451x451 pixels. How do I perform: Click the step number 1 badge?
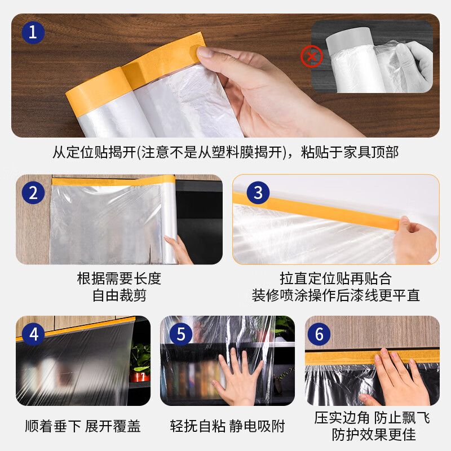(x=33, y=32)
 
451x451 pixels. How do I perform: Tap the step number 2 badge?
(x=34, y=193)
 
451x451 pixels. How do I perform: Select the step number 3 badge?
(x=258, y=193)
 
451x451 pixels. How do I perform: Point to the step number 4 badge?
(x=34, y=334)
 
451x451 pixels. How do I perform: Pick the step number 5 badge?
(x=180, y=334)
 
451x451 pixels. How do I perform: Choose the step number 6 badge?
(x=319, y=334)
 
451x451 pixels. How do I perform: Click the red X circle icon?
(x=311, y=56)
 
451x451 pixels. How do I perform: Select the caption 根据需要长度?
(x=119, y=279)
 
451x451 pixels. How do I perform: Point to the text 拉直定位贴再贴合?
(x=335, y=279)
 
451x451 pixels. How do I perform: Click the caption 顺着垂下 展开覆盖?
(x=83, y=426)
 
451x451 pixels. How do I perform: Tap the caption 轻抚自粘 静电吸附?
(x=227, y=426)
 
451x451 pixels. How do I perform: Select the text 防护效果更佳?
(x=373, y=435)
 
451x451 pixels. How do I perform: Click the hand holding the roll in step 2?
(x=180, y=248)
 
